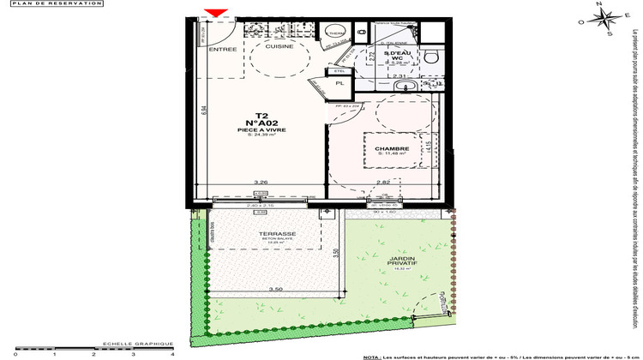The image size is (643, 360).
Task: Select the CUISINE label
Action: click(279, 47)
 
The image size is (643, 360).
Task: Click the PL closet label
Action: click(340, 84)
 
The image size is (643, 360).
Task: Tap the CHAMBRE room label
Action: click(386, 148)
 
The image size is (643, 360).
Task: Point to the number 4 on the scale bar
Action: click(173, 353)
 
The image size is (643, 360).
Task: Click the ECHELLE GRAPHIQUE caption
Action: click(129, 342)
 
